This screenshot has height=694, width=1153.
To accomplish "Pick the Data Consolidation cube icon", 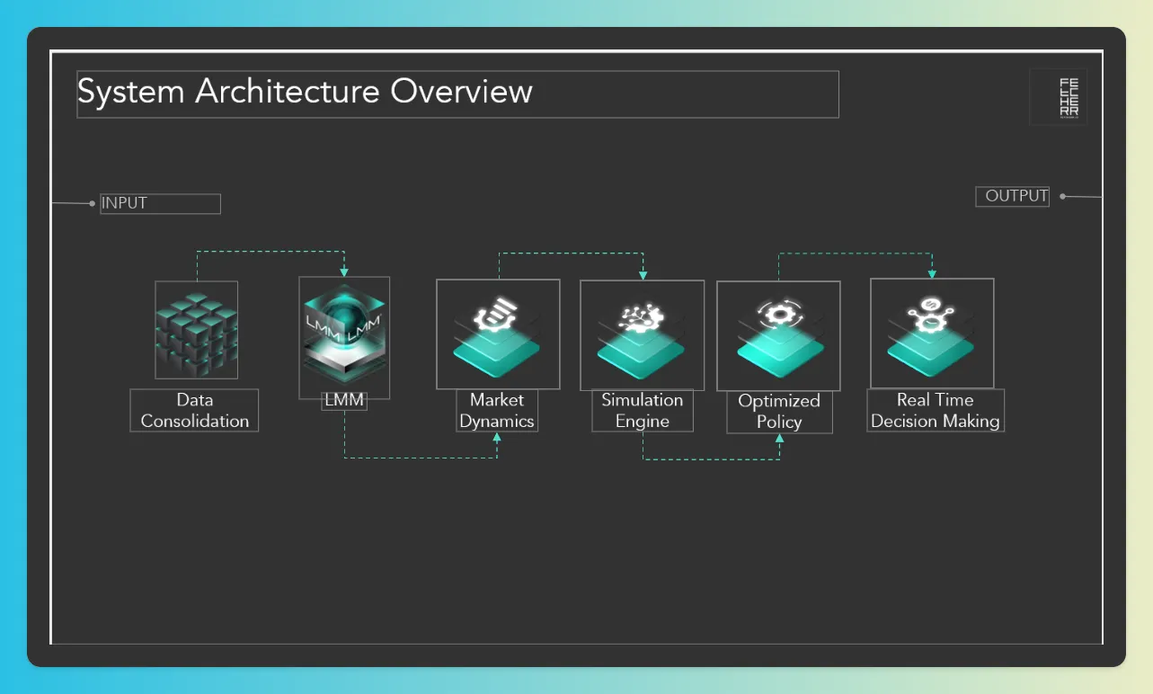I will coord(196,330).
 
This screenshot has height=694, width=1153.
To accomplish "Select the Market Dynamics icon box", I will coord(498,334).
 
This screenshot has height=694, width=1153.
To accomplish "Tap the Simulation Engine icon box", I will coord(642,334).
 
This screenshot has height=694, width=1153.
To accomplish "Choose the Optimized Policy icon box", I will coord(778,335).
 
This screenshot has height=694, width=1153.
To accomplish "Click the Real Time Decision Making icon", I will coord(932,333).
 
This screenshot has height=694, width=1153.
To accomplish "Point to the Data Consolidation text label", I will coord(194,411).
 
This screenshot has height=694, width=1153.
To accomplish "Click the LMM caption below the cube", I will coord(344,400).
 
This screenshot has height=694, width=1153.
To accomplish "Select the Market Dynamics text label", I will coord(497,411).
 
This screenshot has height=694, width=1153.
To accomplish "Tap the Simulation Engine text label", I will coord(643,411).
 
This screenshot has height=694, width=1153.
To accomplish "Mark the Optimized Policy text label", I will coord(779,412).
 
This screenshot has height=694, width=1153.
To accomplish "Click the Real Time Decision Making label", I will coord(936,411).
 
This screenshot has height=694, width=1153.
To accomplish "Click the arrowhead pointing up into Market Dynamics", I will coord(497,437).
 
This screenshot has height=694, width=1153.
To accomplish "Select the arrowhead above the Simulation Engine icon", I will coord(643,273).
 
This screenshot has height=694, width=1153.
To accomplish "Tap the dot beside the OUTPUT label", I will coord(1062,196).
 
